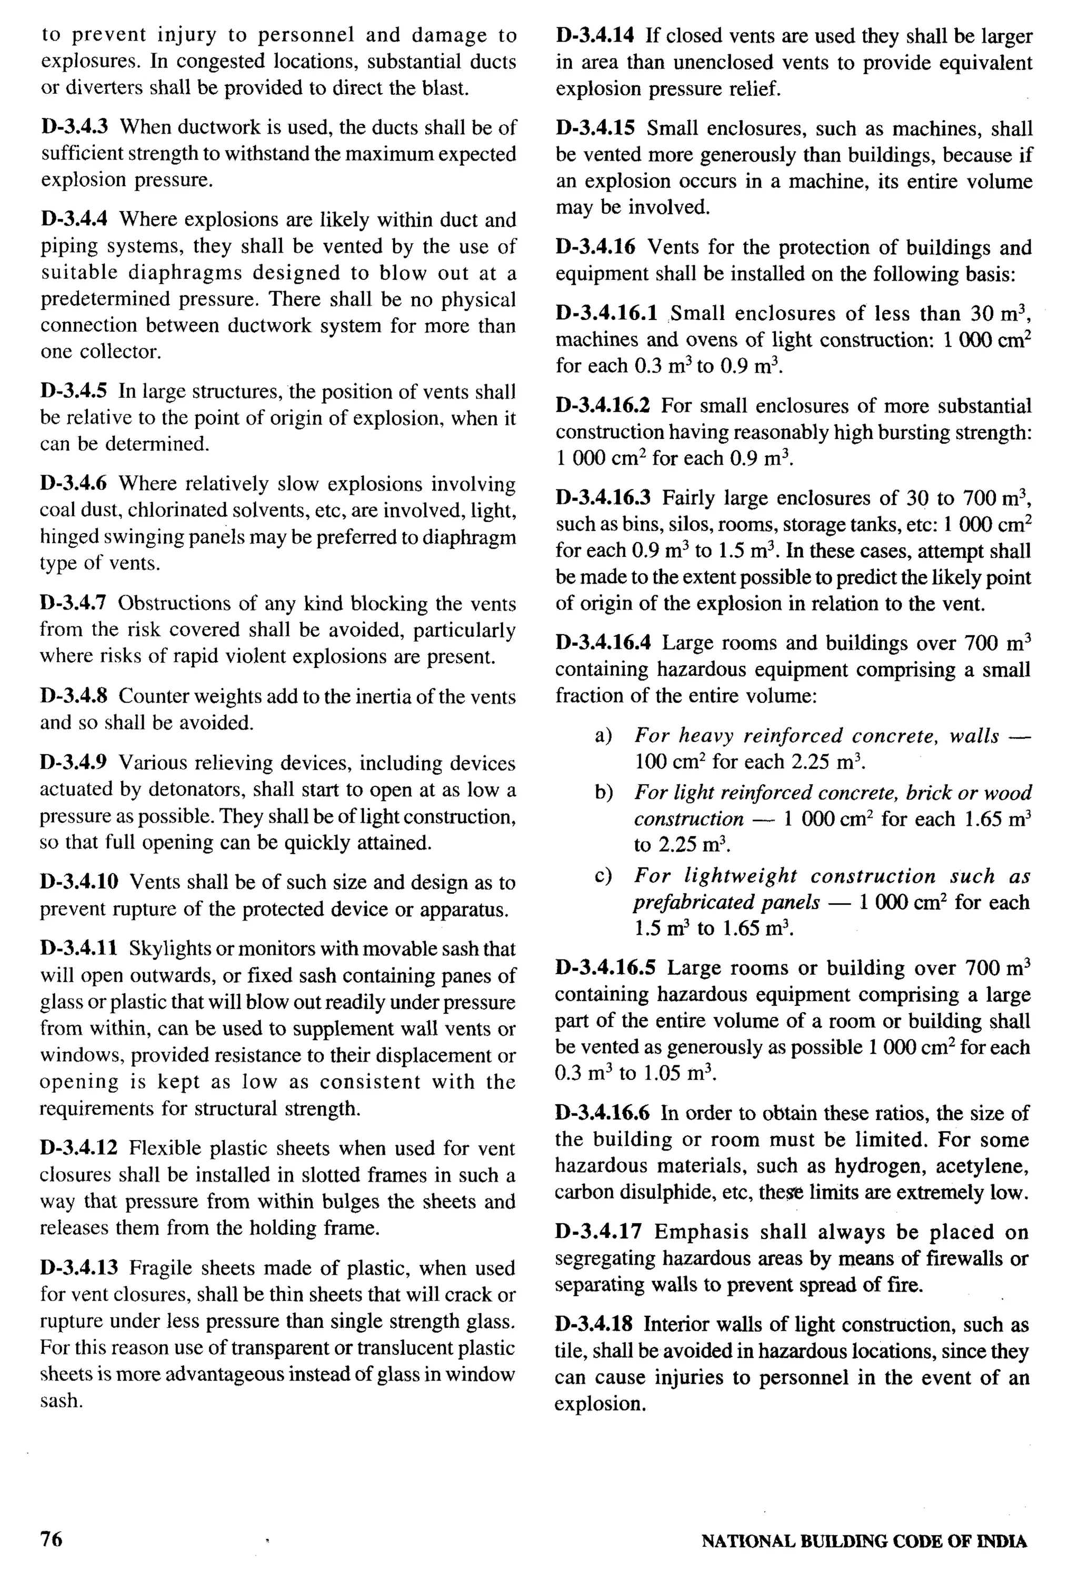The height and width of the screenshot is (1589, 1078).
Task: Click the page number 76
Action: [x=51, y=1538]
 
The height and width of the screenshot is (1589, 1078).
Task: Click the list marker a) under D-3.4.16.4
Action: [x=603, y=736]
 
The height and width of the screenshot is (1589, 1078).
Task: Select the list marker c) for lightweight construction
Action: [x=603, y=876]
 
